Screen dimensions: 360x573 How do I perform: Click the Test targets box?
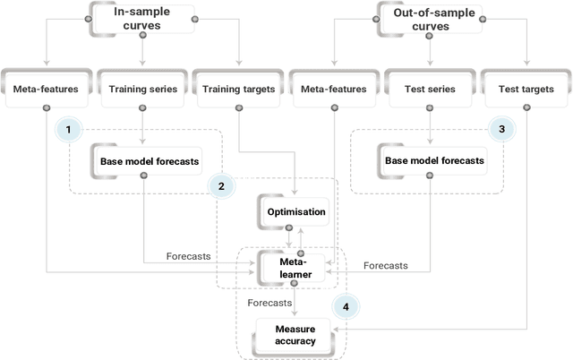[526, 90]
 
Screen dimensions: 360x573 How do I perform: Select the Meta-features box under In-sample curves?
[45, 90]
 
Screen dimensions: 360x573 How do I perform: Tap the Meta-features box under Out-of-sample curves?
[335, 90]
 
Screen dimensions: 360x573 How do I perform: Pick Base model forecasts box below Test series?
[433, 161]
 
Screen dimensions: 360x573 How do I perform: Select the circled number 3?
[501, 130]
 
